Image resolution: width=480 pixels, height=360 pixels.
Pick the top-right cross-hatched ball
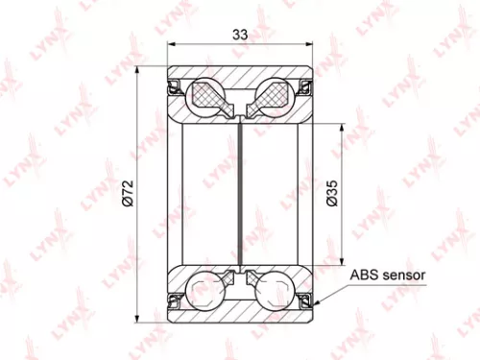[276, 95]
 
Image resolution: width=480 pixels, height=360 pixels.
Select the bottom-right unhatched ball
[276, 289]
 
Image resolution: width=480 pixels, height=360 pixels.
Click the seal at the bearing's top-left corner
[174, 87]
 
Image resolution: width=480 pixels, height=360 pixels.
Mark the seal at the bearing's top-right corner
[307, 87]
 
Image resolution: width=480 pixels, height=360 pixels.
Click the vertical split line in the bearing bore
[241, 192]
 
